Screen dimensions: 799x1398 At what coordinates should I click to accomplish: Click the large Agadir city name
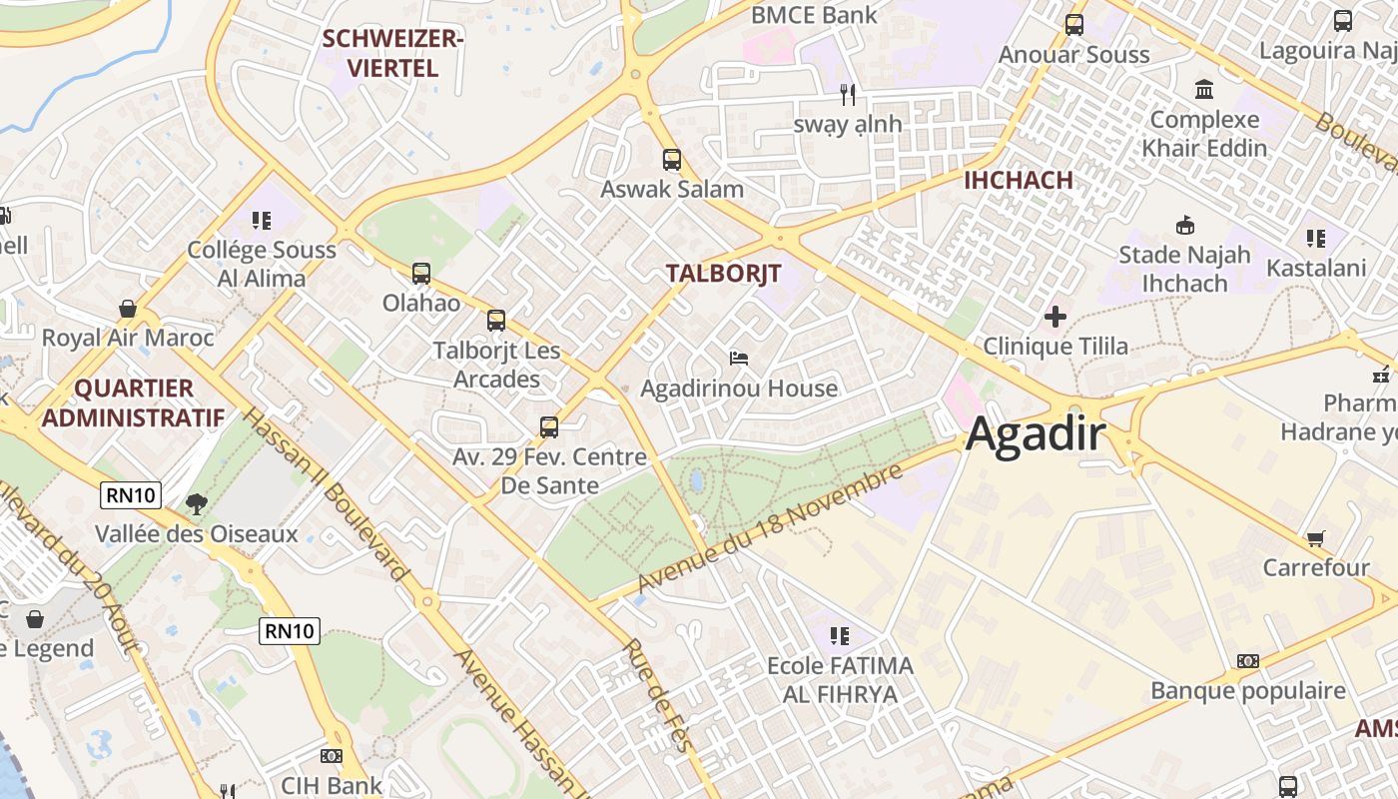(1036, 434)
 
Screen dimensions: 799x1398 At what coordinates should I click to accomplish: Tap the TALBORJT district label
(723, 274)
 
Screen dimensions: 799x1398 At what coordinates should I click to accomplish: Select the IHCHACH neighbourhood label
(1018, 181)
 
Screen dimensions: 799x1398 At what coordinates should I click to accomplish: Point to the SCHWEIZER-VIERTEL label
(393, 54)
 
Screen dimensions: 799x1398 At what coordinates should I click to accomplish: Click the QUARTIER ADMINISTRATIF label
(133, 402)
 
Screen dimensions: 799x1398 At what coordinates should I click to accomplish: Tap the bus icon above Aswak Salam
(672, 159)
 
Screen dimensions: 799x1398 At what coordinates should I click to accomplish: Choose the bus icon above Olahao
(421, 273)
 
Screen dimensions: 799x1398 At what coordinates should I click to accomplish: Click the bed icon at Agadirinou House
(739, 358)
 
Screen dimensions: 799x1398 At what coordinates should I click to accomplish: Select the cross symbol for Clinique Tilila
(1054, 317)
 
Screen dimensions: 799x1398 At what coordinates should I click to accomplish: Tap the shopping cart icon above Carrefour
(1316, 538)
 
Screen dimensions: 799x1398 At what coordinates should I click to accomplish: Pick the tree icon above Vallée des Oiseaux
(197, 504)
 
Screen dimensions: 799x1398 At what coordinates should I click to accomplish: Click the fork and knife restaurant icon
(848, 95)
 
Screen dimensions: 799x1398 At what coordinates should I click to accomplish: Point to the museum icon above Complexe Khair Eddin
(1204, 90)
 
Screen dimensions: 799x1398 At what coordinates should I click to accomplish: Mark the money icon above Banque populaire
(1247, 661)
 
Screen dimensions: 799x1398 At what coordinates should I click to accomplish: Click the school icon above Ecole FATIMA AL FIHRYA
(839, 635)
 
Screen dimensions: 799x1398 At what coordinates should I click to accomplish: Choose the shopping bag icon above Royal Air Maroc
(128, 309)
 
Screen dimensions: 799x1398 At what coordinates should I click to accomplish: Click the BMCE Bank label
(814, 15)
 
